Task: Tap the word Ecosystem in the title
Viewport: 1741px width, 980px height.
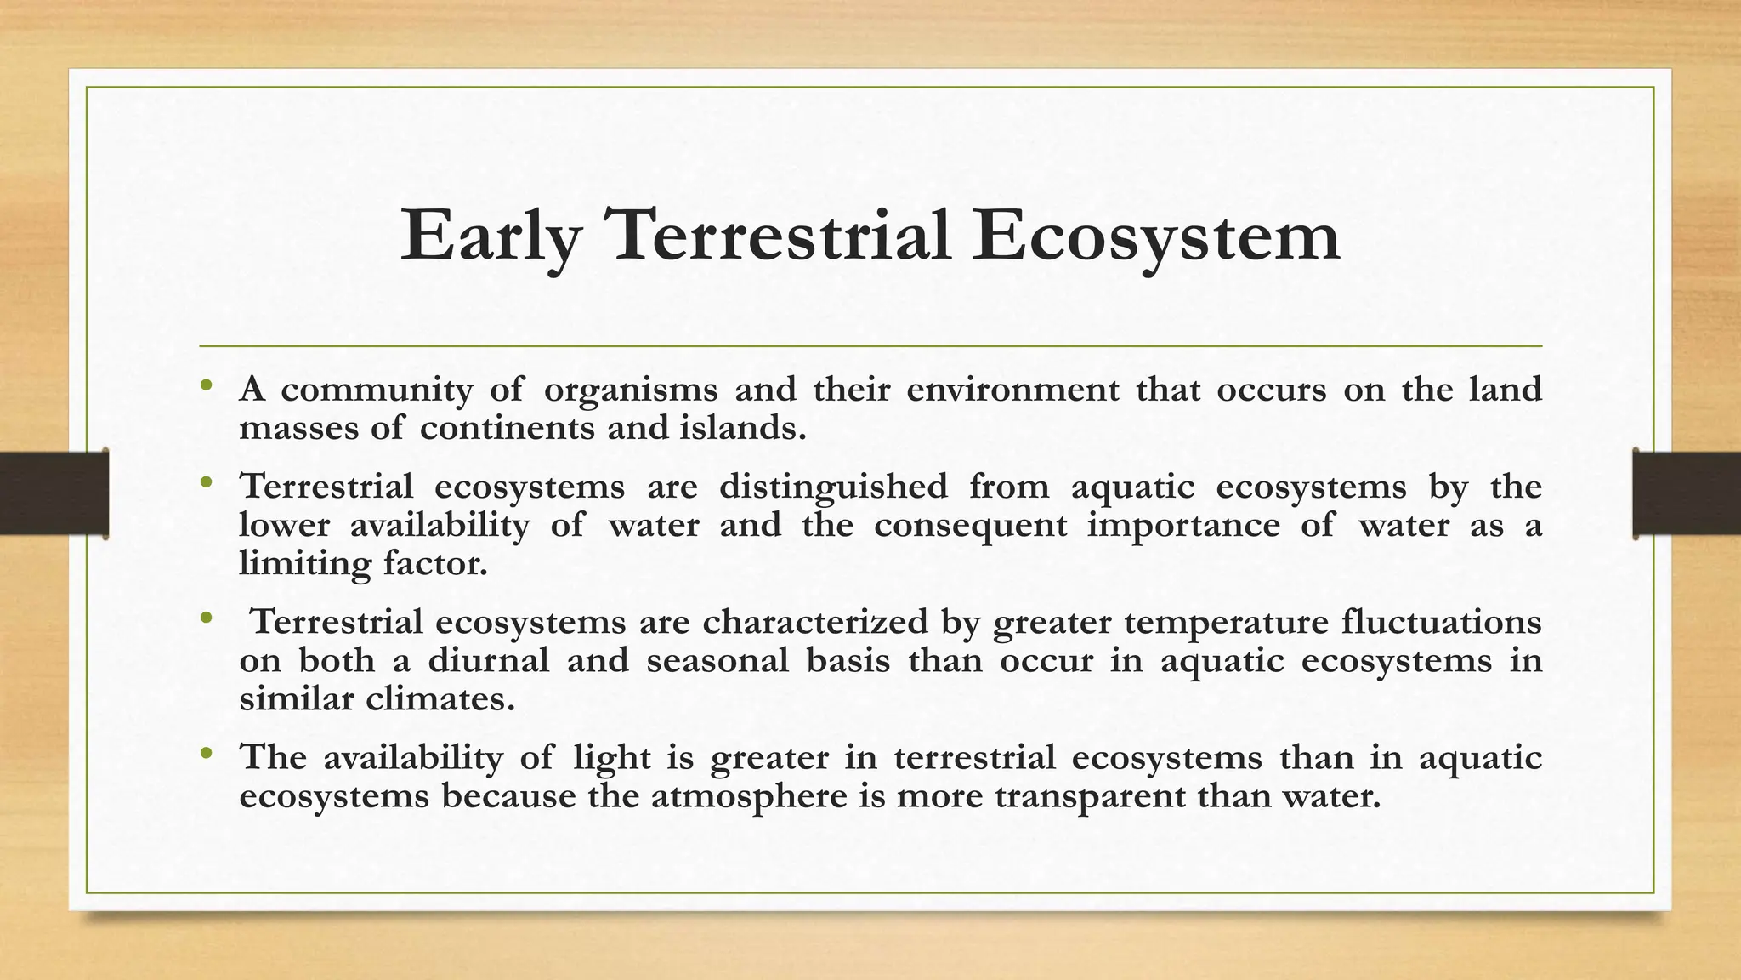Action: click(x=1156, y=236)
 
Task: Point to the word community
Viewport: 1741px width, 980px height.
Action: click(x=377, y=390)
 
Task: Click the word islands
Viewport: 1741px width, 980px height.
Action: click(x=742, y=427)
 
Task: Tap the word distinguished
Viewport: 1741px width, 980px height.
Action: click(x=833, y=487)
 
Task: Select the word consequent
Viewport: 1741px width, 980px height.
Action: click(x=970, y=525)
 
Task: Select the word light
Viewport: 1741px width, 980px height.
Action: click(x=611, y=757)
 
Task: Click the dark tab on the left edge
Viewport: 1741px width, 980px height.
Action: click(x=54, y=493)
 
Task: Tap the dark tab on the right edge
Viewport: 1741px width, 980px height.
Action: click(x=1687, y=493)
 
